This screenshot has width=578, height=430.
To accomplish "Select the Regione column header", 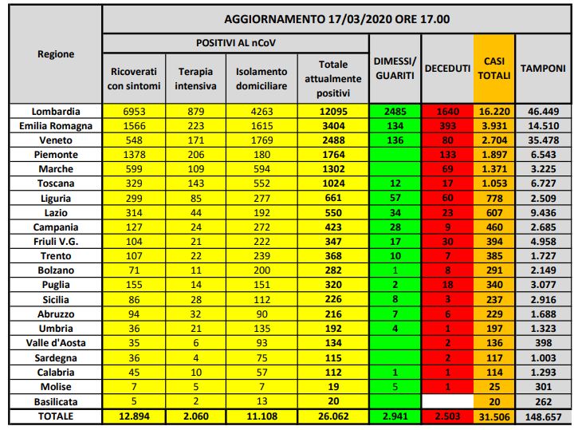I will click(56, 54).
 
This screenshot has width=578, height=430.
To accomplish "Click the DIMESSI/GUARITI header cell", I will click(395, 68).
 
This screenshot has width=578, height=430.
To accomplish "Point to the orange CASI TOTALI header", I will click(493, 68).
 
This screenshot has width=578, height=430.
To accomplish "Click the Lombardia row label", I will click(56, 112).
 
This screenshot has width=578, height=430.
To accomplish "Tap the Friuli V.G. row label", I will click(56, 241).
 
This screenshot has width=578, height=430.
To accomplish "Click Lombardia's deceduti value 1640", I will click(446, 112).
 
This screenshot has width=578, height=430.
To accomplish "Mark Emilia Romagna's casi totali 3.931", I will click(493, 125).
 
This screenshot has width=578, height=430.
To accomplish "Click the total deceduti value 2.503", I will click(446, 417).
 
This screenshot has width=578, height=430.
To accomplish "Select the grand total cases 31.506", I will click(493, 417).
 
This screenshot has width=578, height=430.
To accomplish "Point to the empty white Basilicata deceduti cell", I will click(446, 402).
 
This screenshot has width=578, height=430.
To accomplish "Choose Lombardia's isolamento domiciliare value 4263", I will click(261, 112).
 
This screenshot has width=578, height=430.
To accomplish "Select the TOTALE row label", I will click(56, 417).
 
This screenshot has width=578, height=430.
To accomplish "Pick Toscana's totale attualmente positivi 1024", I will click(332, 183).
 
